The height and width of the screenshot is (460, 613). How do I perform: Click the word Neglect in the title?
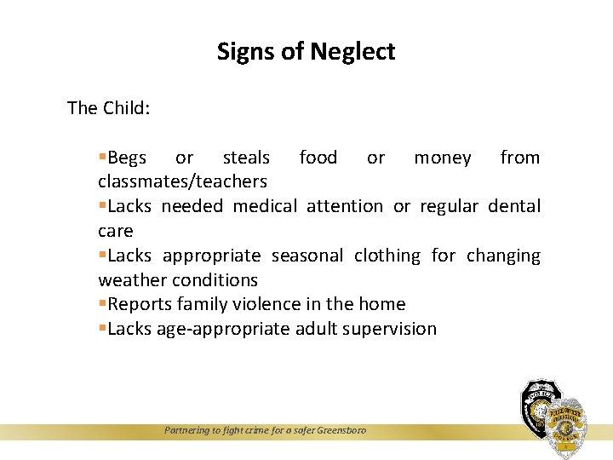click(x=352, y=52)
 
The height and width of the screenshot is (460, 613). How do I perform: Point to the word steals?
click(x=246, y=158)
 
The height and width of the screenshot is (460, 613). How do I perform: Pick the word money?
click(x=442, y=158)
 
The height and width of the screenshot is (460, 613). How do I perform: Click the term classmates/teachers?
click(x=182, y=181)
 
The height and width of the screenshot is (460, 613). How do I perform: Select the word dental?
click(x=514, y=206)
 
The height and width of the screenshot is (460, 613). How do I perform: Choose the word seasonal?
click(x=307, y=256)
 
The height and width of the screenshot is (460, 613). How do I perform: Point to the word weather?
click(x=132, y=280)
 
